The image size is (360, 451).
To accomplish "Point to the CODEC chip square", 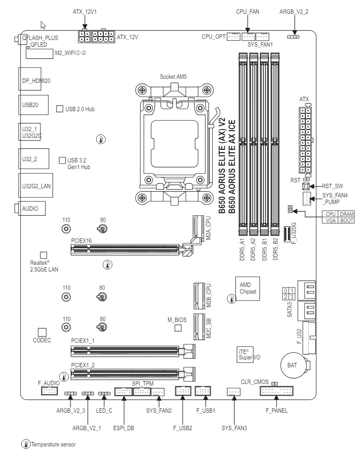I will coord(42,332).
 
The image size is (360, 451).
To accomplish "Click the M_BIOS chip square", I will coord(178,328).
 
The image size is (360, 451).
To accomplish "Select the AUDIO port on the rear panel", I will coord(31,208).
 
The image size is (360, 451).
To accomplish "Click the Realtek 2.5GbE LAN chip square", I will coord(43,255).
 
